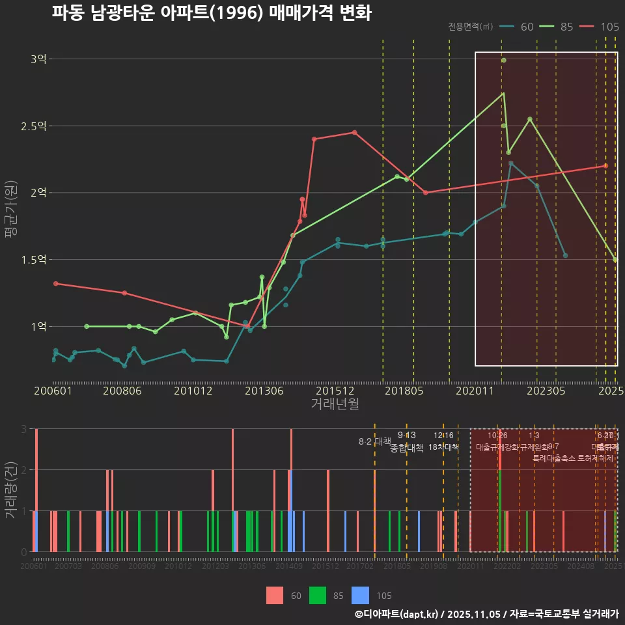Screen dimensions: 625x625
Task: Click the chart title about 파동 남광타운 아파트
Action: (x=212, y=13)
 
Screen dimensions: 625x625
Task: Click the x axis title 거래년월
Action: (x=335, y=404)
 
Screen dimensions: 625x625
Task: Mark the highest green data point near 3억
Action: (x=503, y=61)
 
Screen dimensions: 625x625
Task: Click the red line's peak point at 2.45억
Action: (x=355, y=132)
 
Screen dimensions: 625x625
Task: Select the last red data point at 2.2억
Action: (x=605, y=166)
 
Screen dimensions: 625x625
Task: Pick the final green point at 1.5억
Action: (x=615, y=260)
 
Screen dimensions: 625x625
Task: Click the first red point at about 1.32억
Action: (x=55, y=284)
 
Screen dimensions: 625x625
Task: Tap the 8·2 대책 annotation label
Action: (x=374, y=441)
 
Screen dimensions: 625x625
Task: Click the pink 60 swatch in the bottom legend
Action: (x=275, y=595)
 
